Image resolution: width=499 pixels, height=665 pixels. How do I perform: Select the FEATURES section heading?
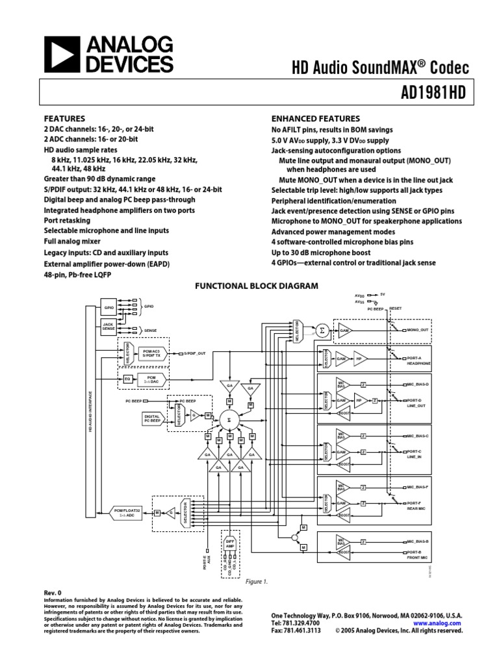64,119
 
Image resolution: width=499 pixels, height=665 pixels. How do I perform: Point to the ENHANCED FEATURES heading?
315,119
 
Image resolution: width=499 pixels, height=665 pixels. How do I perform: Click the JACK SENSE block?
109,327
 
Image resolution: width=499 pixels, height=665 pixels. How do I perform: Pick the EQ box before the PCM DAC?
127,377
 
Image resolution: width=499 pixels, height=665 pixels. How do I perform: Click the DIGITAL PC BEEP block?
151,418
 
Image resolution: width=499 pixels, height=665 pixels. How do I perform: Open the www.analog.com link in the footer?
441,622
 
